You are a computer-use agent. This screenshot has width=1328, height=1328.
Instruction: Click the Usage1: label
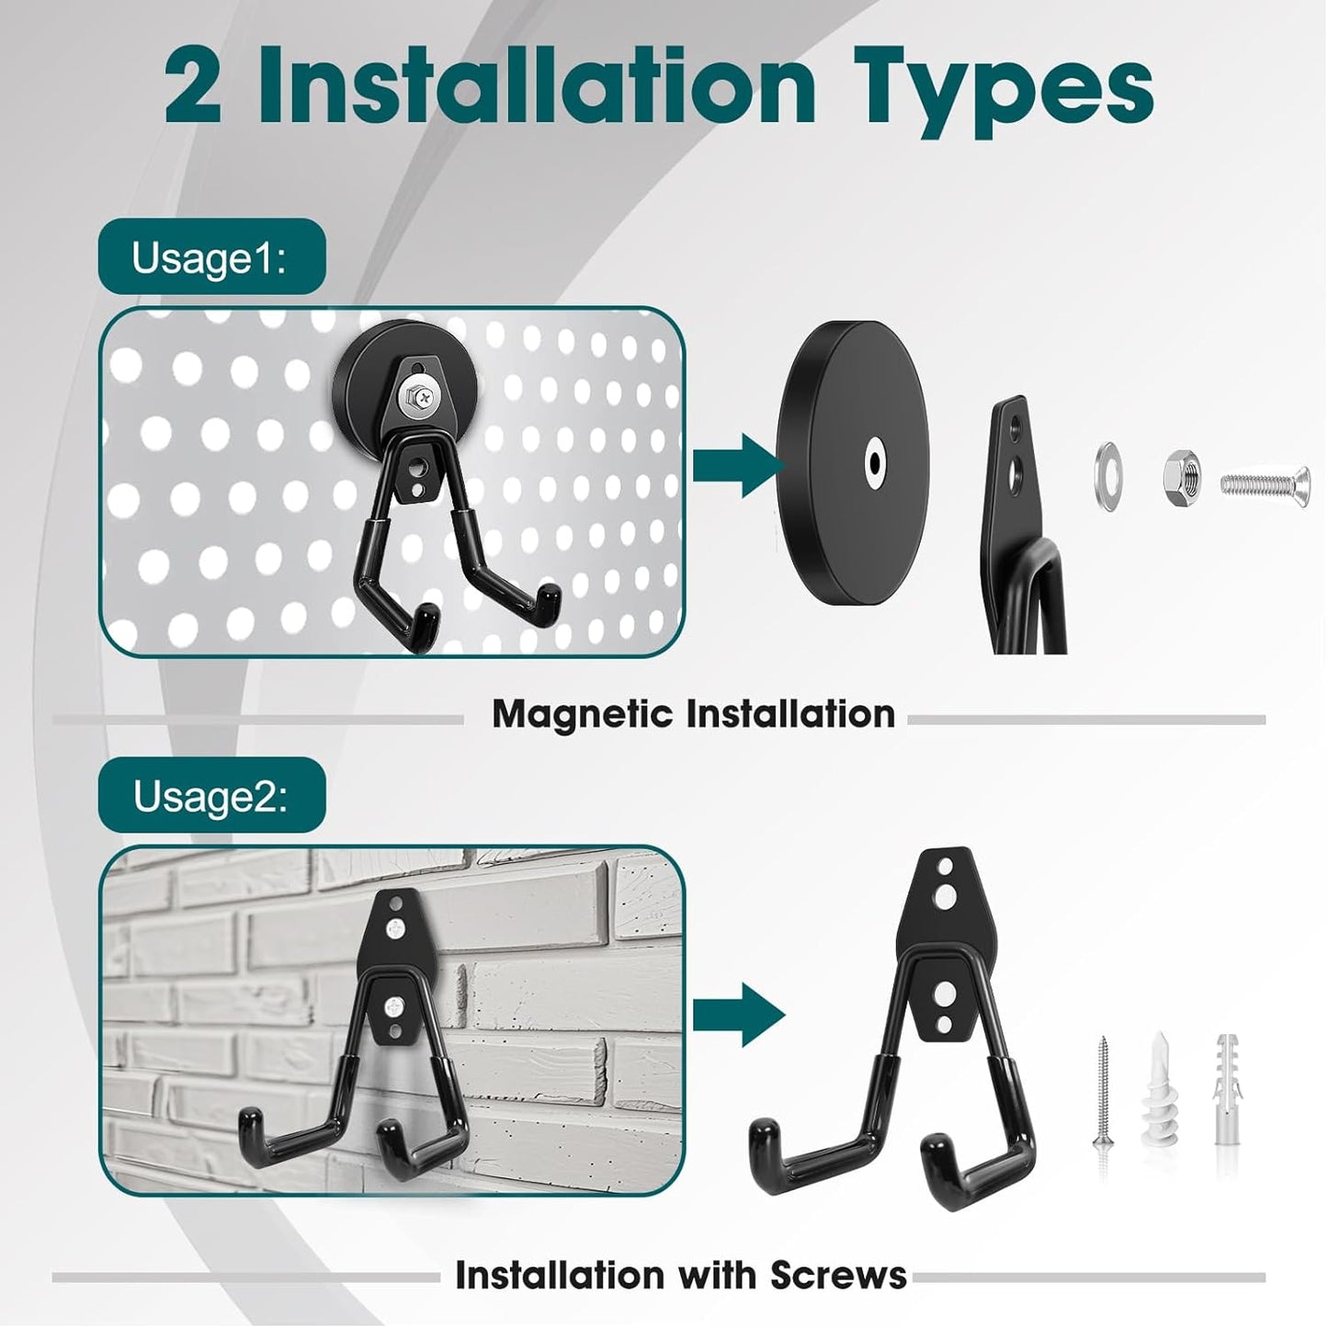point(210,258)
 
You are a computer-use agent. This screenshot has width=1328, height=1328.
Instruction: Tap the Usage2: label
point(210,796)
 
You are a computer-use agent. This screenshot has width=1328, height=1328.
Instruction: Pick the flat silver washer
point(1107,476)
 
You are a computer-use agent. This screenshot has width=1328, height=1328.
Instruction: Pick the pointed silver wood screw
point(1103,1093)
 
